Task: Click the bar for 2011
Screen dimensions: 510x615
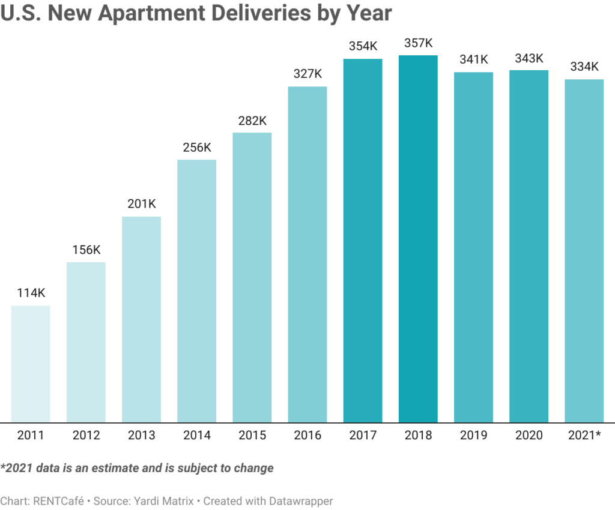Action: (x=31, y=364)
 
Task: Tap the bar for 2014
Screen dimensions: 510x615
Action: (x=196, y=291)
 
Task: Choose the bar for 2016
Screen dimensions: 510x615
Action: (x=307, y=254)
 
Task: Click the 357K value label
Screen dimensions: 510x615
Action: (x=418, y=43)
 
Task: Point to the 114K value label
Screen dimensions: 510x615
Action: (x=31, y=293)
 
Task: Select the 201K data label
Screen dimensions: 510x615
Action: (x=141, y=204)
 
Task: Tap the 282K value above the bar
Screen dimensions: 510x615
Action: (x=252, y=121)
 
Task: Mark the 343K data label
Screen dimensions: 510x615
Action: (x=529, y=59)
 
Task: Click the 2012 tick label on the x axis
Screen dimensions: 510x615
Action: (x=86, y=436)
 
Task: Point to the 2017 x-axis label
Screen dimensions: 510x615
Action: (x=363, y=436)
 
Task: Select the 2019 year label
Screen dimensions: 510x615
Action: (x=473, y=436)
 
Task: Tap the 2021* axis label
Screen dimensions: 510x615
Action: (x=584, y=436)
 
